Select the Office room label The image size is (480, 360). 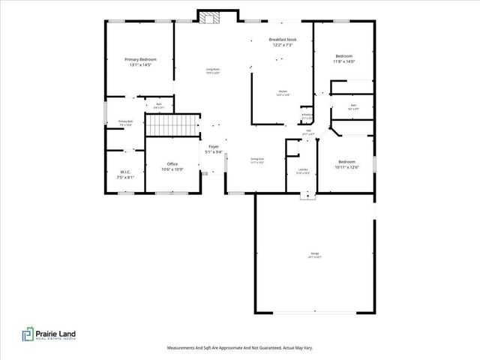coord(172,166)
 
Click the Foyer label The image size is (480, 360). coord(214,149)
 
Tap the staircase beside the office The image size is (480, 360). coord(171,125)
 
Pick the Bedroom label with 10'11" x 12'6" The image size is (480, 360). coord(346,165)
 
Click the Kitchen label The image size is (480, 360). coord(282,93)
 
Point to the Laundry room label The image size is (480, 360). coord(303,171)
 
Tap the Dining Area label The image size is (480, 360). coord(256,160)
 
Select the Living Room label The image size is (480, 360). coord(213,71)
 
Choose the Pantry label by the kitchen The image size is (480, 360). coord(307,116)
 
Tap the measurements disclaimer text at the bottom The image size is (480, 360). coord(239,348)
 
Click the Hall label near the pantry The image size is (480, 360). coord(307,133)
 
